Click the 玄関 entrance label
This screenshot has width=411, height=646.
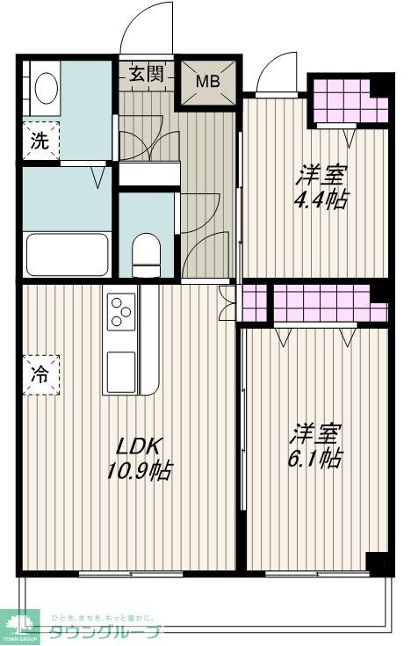point(148,74)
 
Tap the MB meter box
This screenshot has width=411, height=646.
point(208,83)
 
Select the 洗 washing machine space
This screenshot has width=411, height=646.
point(40,139)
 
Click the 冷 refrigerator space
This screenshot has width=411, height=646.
point(40,373)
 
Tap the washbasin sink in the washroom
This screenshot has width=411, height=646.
point(45,88)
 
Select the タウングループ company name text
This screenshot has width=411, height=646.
point(104,631)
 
